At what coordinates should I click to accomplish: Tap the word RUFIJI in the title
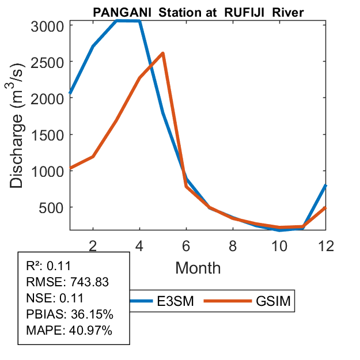tap(251, 13)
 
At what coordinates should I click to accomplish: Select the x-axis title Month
tap(198, 267)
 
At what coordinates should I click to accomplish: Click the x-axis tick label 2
tap(93, 245)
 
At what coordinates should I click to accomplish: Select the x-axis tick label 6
tap(187, 245)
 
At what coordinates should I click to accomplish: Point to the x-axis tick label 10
tap(279, 245)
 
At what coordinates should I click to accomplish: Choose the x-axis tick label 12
tap(326, 245)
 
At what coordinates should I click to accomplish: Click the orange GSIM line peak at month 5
tap(163, 54)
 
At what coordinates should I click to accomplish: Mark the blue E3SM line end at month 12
tap(326, 185)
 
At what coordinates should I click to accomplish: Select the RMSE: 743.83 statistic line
tap(68, 282)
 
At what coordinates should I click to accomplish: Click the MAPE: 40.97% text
tap(69, 331)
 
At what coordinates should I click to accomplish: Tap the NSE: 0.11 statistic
tap(55, 298)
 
